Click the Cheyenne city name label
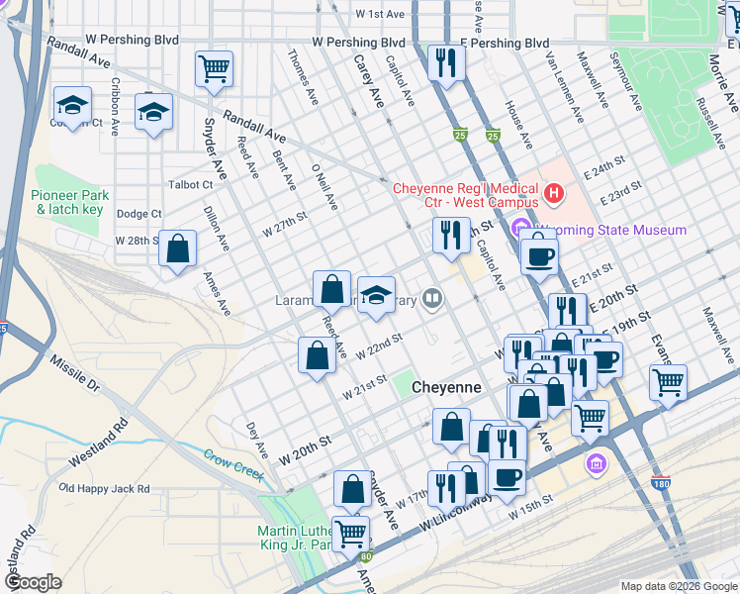click(446, 388)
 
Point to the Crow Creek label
click(234, 460)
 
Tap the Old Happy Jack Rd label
click(105, 488)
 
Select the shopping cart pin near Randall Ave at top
click(214, 69)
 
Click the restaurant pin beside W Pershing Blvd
click(447, 63)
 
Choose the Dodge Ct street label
click(139, 214)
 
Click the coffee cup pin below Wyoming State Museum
click(539, 256)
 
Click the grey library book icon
click(432, 298)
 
